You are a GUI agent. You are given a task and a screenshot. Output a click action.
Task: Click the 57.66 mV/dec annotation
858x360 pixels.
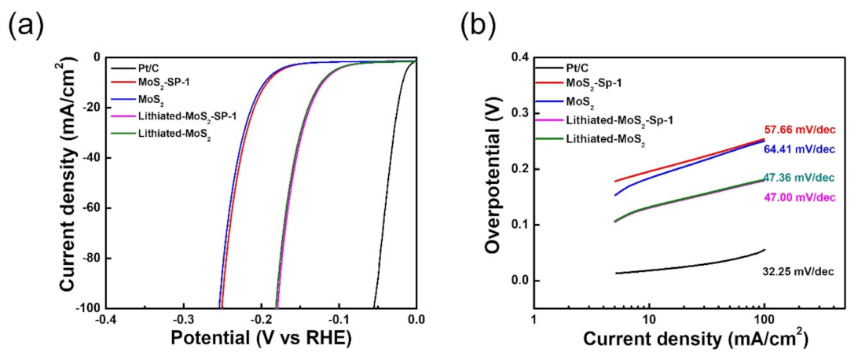point(797,130)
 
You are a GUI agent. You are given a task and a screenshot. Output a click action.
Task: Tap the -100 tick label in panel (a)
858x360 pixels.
point(82,308)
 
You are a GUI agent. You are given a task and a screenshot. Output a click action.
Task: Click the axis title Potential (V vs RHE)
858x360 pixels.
point(261,339)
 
